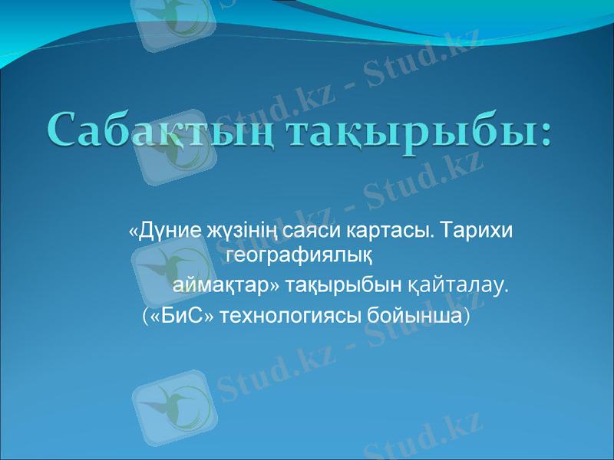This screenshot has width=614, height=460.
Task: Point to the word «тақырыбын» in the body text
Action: coord(344,286)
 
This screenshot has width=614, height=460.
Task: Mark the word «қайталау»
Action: coord(457,286)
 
